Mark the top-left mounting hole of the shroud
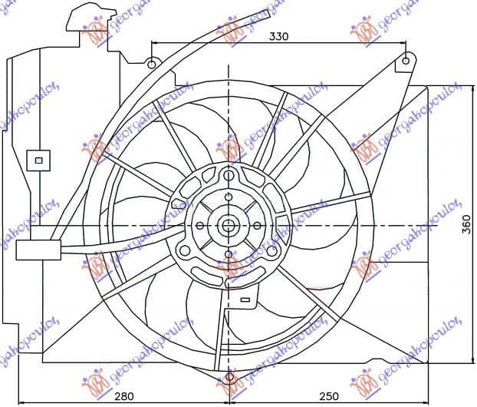tap(152, 63)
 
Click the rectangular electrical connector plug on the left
tap(34, 250)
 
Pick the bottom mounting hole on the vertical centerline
tap(229, 378)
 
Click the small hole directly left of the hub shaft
tap(199, 226)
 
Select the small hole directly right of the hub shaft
tap(258, 226)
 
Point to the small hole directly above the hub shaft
tap(229, 197)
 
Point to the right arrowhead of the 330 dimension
tap(402, 43)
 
